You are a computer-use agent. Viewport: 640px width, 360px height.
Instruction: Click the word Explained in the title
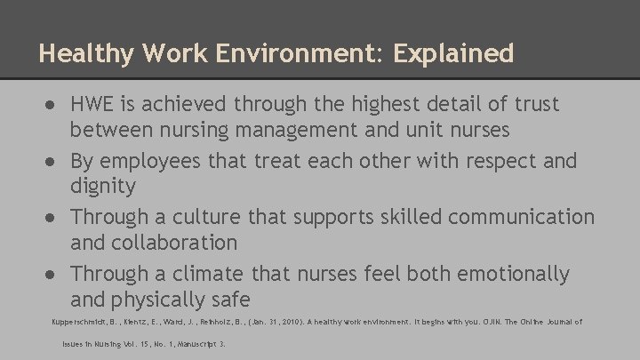[x=456, y=53]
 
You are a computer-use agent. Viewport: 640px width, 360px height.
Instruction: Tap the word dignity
[x=103, y=188]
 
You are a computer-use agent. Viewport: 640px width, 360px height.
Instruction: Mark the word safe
[x=231, y=300]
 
